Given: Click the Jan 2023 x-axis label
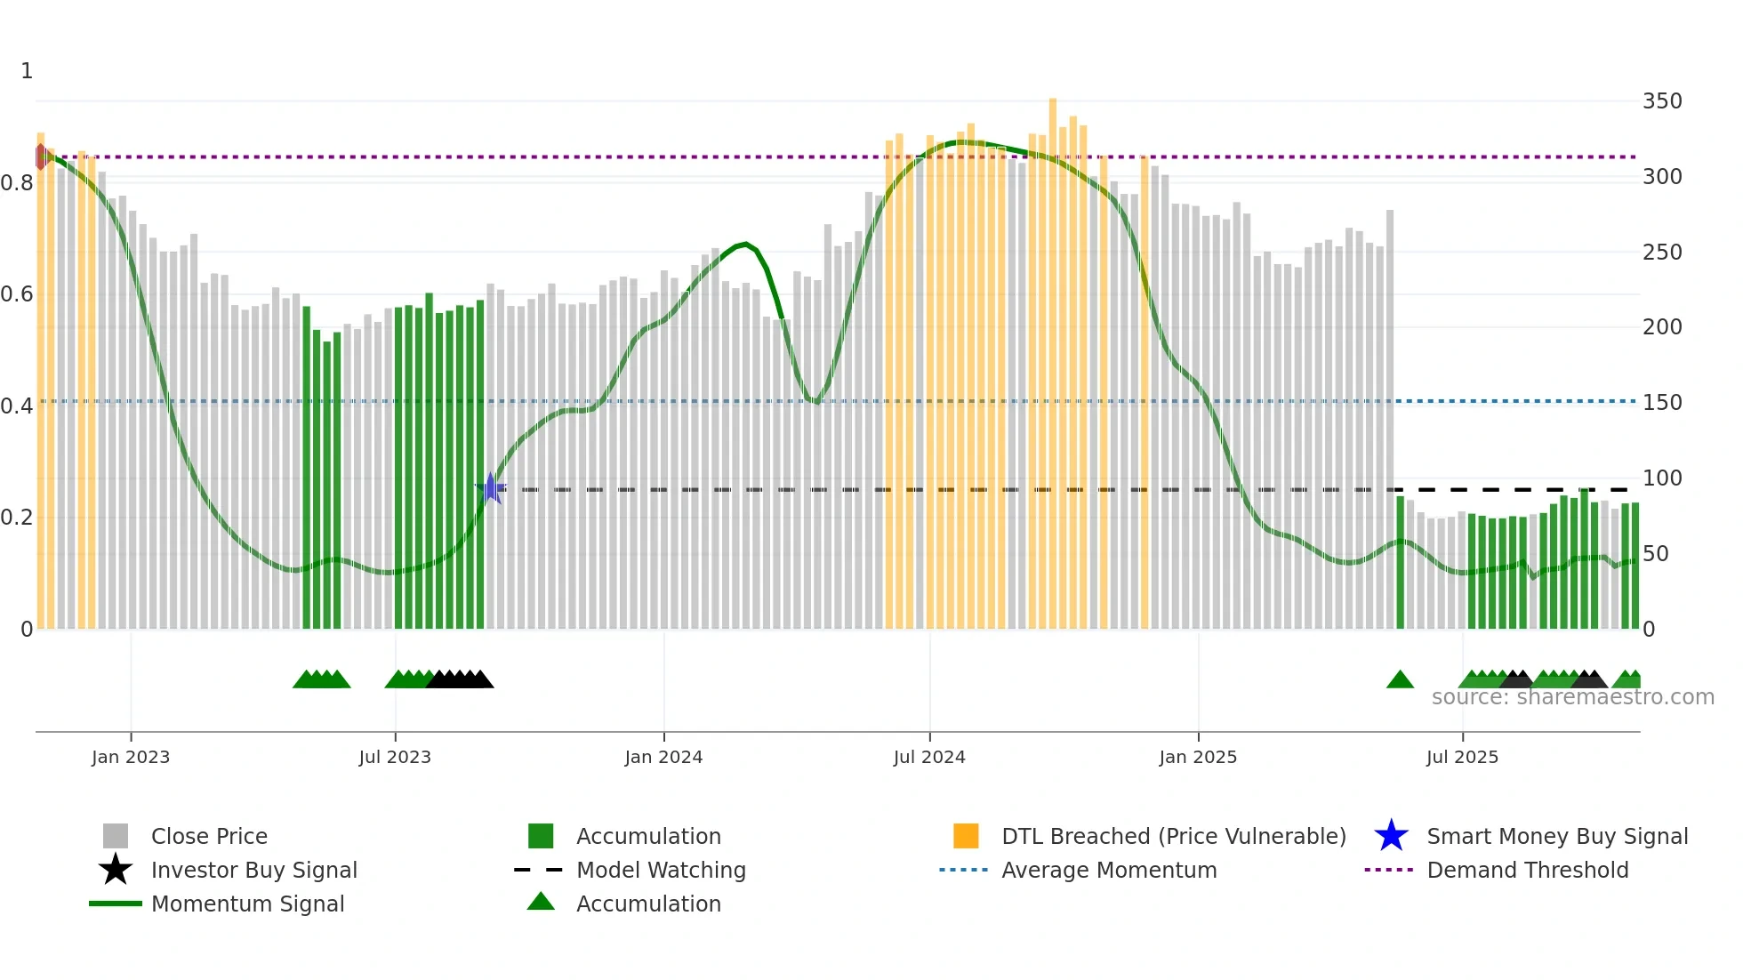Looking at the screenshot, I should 131,757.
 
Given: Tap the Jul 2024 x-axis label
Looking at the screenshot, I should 929,757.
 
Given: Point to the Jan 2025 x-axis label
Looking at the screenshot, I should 1198,757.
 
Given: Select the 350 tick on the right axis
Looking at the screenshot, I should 1661,101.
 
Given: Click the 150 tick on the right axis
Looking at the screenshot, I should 1661,403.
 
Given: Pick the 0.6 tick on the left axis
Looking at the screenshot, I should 18,294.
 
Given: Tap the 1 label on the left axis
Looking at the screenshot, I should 27,71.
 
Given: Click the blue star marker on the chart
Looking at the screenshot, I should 490,488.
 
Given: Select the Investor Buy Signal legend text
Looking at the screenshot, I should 253,870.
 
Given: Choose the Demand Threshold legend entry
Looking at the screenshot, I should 1527,870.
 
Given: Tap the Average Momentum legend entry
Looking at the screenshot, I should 1108,870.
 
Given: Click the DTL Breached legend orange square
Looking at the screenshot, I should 966,836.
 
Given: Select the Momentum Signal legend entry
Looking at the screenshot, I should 247,904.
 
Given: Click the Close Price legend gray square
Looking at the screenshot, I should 116,836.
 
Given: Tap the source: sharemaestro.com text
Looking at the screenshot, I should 1572,697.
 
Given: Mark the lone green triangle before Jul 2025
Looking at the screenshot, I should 1400,680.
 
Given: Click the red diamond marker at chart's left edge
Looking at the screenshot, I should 41,157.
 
